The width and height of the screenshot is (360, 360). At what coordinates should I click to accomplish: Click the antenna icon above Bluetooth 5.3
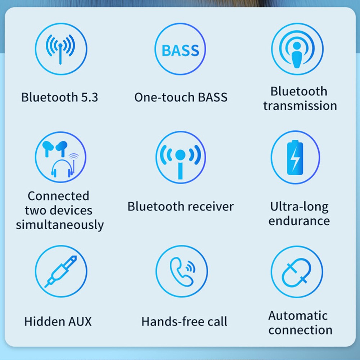pos(60,49)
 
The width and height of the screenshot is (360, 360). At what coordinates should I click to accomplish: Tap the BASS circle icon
pos(180,49)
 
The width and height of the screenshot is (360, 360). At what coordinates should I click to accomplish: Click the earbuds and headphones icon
pos(60,157)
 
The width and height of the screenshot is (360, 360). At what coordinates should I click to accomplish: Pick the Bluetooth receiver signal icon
pos(180,157)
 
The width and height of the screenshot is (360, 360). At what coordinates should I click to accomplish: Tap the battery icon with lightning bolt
pos(295,157)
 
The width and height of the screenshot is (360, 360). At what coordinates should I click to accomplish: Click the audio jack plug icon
pos(60,271)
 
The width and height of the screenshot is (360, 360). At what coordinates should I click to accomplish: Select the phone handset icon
pos(181,271)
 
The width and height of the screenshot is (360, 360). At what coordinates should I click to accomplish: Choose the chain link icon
pos(297,272)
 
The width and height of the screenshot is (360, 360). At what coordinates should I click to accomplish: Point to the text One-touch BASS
pos(181,98)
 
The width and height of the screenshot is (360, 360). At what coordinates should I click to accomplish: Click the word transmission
pos(300,106)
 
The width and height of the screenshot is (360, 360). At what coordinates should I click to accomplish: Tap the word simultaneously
pos(60,225)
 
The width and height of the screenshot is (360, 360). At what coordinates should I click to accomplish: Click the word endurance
pos(299,221)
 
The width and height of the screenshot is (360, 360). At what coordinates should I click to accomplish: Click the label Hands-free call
pos(184,321)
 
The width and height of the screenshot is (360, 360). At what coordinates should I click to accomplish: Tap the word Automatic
pos(298,316)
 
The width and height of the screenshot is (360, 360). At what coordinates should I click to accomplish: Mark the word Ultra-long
pos(299,207)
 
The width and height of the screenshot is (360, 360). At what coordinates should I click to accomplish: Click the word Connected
pos(58,196)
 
